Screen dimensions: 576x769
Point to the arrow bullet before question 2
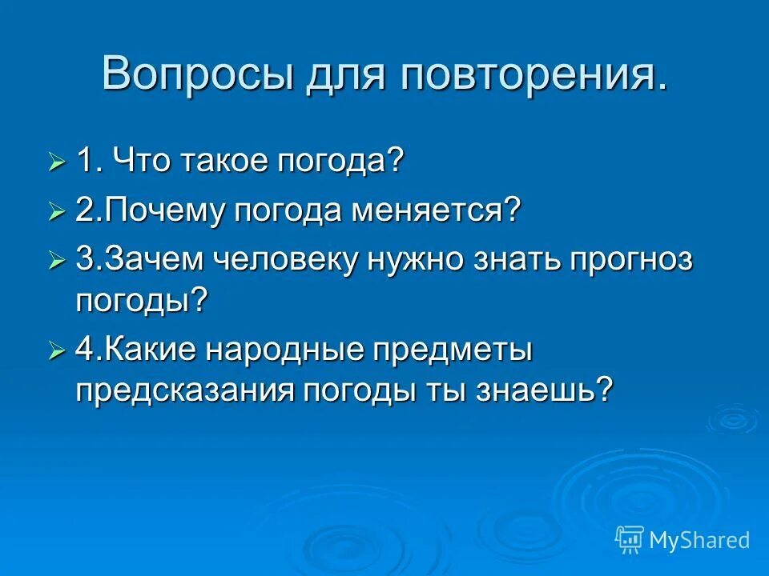click(56, 214)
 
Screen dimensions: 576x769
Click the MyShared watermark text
click(699, 540)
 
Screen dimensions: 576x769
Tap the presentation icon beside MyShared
click(630, 540)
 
